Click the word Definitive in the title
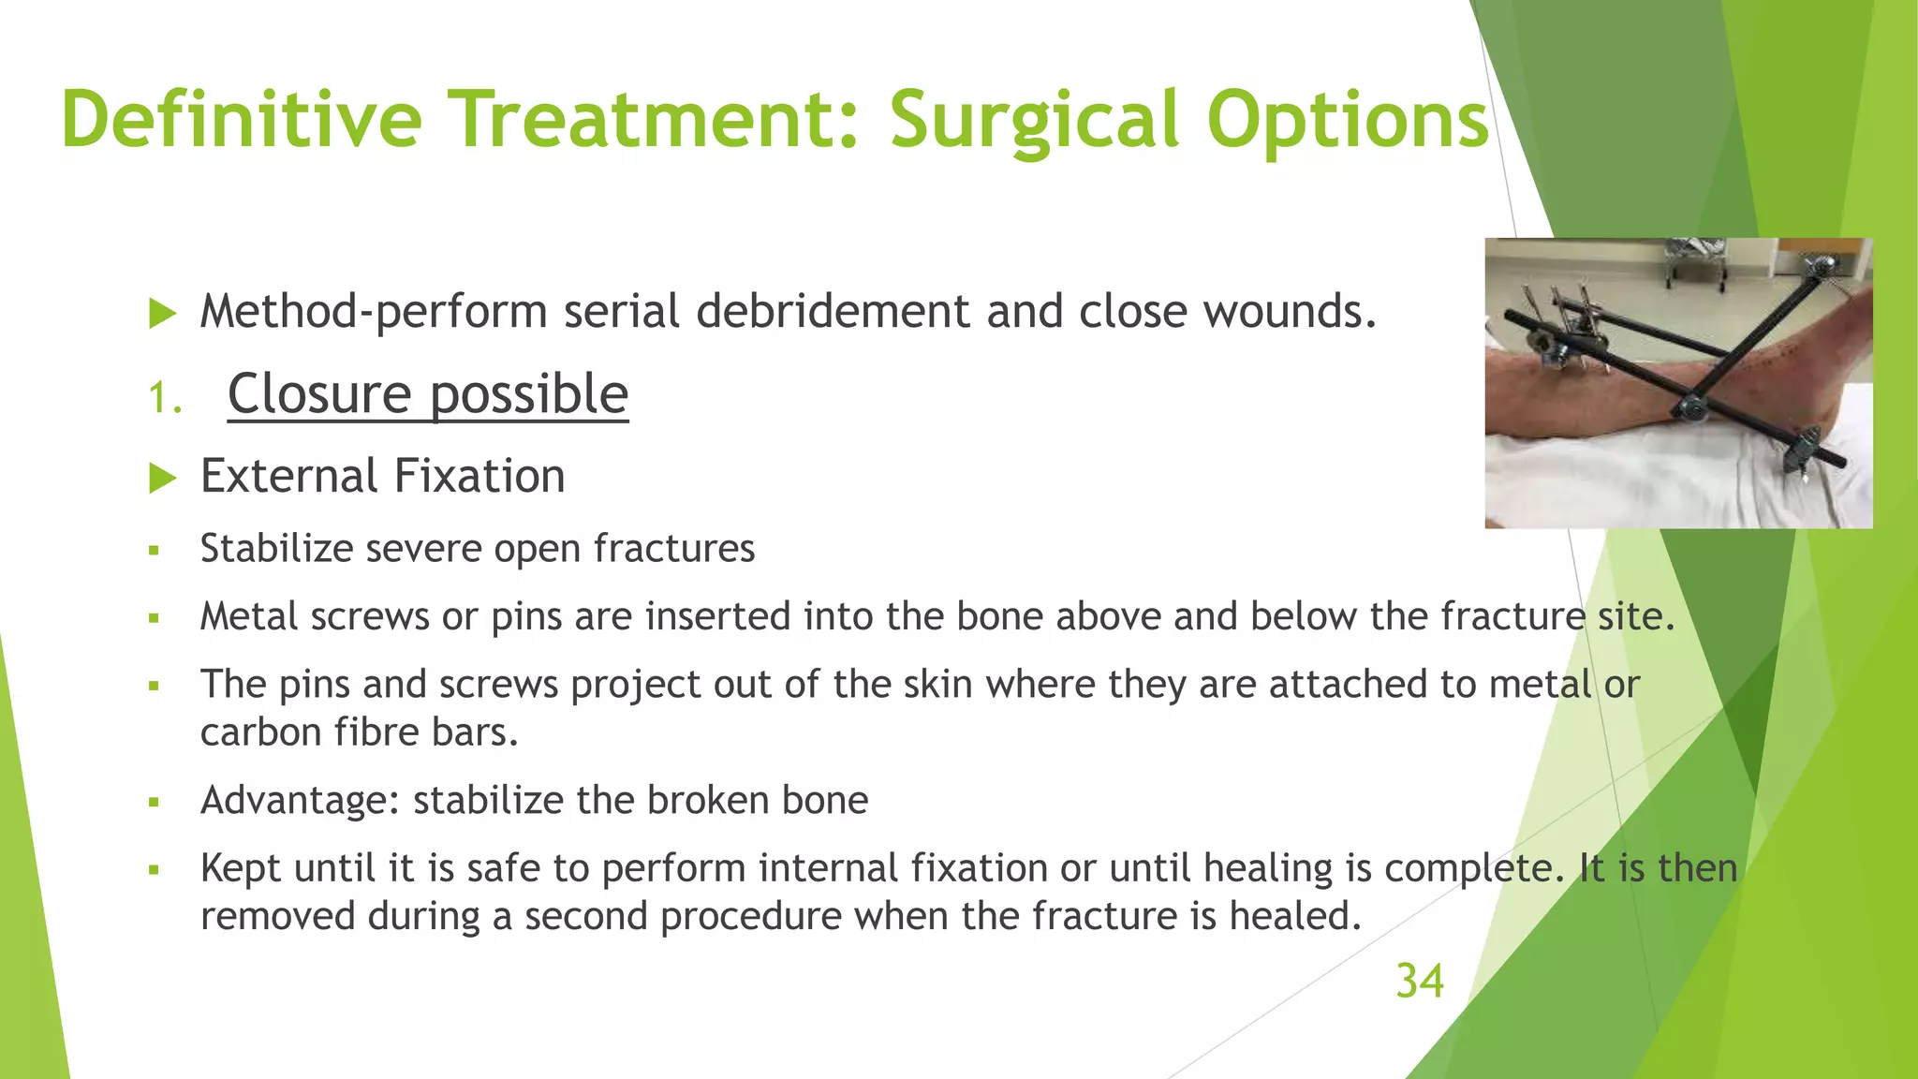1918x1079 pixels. click(242, 119)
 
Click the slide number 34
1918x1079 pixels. click(1419, 982)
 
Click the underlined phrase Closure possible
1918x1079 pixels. click(427, 393)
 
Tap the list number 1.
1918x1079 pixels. click(164, 399)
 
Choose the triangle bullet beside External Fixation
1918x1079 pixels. click(163, 479)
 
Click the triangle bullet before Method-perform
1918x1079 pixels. click(163, 314)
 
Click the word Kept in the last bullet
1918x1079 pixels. click(240, 868)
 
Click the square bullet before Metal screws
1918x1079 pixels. click(155, 618)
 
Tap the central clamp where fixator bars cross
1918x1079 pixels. click(1690, 408)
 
